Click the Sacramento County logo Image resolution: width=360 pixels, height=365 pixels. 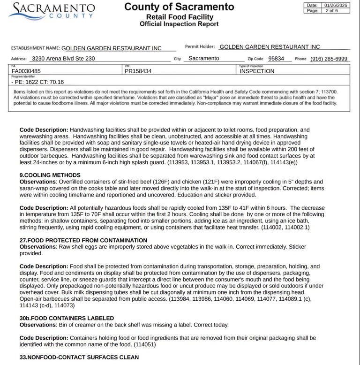(52, 10)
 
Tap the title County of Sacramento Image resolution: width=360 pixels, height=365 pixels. (179, 7)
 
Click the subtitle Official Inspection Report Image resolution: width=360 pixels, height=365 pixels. (179, 24)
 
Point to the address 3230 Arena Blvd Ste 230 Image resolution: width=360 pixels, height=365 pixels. (63, 59)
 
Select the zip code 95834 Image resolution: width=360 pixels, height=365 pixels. (276, 59)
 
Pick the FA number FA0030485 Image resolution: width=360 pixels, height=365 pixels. (26, 71)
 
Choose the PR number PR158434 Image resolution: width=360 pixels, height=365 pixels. (138, 71)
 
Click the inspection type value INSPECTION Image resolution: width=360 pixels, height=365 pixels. (257, 71)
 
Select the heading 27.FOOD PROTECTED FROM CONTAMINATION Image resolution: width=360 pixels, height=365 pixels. (83, 240)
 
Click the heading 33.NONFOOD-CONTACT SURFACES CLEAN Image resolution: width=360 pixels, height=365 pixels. (79, 357)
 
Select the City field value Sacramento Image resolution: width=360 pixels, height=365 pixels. (203, 59)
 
